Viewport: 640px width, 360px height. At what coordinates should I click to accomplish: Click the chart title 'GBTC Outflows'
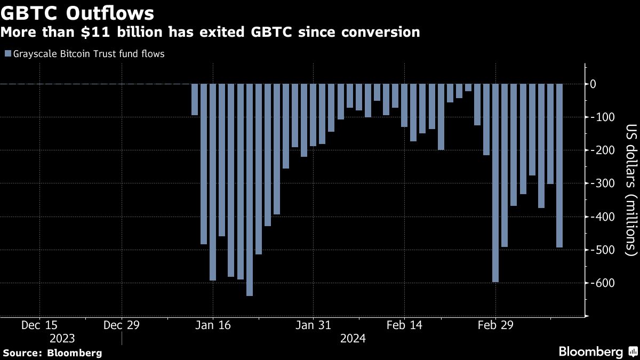coord(78,13)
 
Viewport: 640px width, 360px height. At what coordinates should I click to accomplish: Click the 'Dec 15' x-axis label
coord(40,325)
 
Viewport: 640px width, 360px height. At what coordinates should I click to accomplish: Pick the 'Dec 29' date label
coord(122,325)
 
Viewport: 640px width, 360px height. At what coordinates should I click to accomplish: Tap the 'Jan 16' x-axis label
coord(212,325)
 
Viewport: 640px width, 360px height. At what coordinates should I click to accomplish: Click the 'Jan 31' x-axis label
coord(313,325)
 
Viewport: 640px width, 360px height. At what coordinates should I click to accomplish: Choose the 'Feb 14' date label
coord(404,325)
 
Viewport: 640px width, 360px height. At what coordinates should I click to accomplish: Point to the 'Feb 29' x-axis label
coord(494,325)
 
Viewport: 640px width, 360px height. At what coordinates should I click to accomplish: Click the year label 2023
coord(62,338)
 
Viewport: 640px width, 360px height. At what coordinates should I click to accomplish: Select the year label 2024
coord(353,338)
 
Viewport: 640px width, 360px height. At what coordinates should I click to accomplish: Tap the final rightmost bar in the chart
coord(559,165)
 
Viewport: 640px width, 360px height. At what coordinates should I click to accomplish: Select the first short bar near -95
coord(195,100)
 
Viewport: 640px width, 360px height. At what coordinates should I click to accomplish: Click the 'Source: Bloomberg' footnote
coord(52,353)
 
